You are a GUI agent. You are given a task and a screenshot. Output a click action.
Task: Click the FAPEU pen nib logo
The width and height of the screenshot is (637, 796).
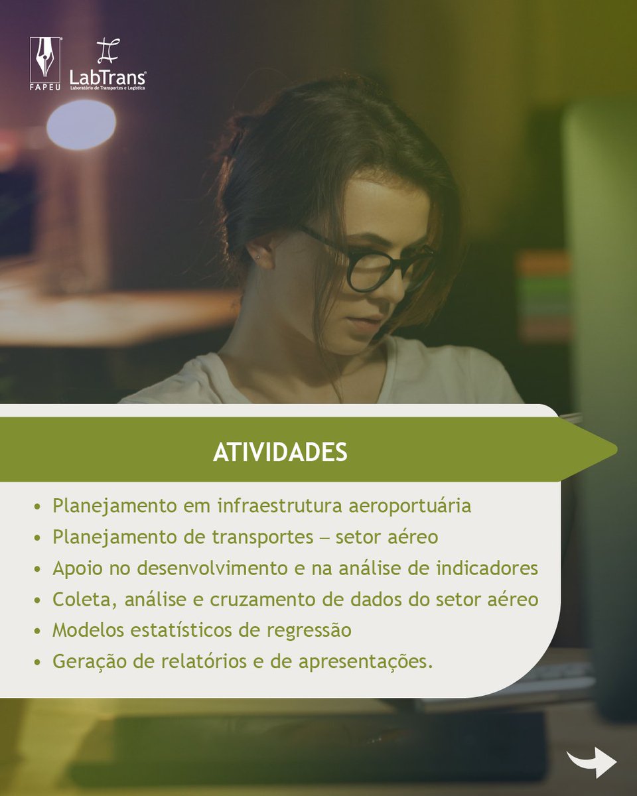[45, 60]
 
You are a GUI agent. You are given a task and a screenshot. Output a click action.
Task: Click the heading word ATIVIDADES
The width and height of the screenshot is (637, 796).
[280, 452]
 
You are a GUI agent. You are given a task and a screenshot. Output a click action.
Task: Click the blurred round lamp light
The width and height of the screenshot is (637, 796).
[81, 124]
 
